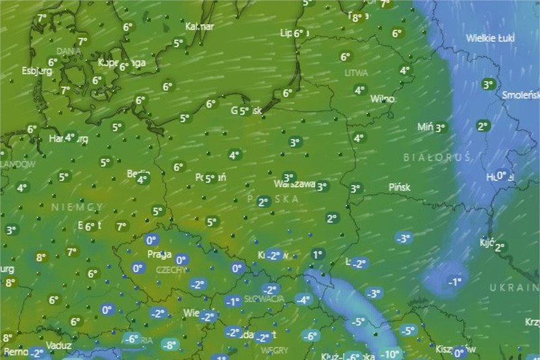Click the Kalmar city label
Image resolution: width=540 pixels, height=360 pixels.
(x=200, y=27)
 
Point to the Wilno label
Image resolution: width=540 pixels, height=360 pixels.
(x=382, y=99)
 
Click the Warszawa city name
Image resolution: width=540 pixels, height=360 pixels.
(x=295, y=184)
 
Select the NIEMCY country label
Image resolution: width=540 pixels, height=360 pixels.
(x=78, y=206)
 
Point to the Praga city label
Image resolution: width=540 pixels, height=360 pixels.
(x=159, y=255)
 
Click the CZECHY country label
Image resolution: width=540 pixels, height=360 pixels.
(x=171, y=269)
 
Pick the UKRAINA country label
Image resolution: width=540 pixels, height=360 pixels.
(x=514, y=288)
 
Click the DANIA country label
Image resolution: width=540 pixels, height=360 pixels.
(x=69, y=51)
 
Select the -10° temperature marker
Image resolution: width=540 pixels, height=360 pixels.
(x=390, y=353)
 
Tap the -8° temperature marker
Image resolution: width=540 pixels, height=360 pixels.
(x=169, y=345)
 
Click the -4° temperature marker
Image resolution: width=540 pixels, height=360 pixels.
(x=303, y=300)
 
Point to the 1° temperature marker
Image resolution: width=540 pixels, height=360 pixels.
(x=317, y=255)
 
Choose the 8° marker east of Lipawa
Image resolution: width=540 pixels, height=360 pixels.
(x=357, y=18)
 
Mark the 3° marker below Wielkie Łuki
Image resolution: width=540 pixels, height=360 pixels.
(x=488, y=84)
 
